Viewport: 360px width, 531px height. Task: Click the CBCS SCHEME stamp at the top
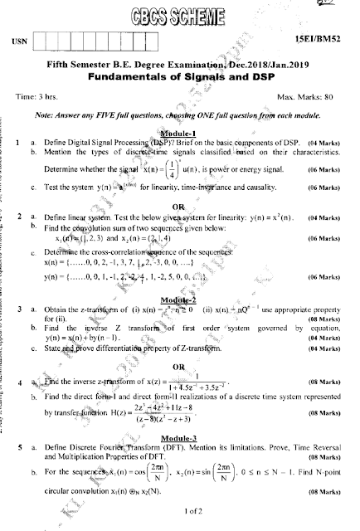pos(179,15)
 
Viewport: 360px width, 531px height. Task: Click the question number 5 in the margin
pos(18,446)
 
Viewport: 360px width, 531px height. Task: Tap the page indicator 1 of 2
pos(179,518)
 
